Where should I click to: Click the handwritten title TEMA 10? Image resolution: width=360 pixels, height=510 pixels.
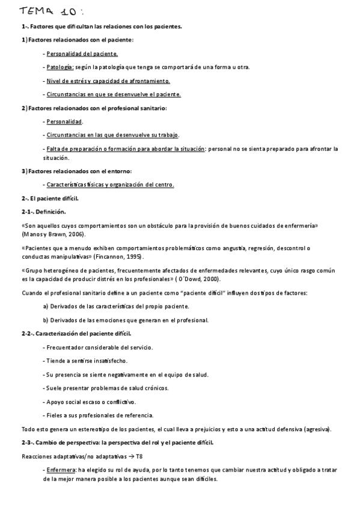coord(50,12)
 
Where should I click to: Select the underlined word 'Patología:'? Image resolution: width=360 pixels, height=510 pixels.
coord(60,67)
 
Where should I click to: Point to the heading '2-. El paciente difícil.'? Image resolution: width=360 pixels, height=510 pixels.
coord(50,198)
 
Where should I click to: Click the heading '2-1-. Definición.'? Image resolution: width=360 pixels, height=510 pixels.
coord(43,212)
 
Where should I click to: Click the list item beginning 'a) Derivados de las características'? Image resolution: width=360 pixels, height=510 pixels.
coord(124,306)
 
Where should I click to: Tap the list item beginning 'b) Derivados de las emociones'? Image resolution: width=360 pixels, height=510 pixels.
coord(126,320)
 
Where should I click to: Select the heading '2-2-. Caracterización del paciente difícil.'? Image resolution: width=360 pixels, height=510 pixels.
coord(76,333)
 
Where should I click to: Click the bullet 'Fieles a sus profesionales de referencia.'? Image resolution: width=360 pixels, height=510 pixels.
coord(98,415)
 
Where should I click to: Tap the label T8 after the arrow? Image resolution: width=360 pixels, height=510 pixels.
coord(139,456)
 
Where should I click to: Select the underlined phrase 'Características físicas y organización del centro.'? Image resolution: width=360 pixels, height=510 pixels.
coord(110,185)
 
